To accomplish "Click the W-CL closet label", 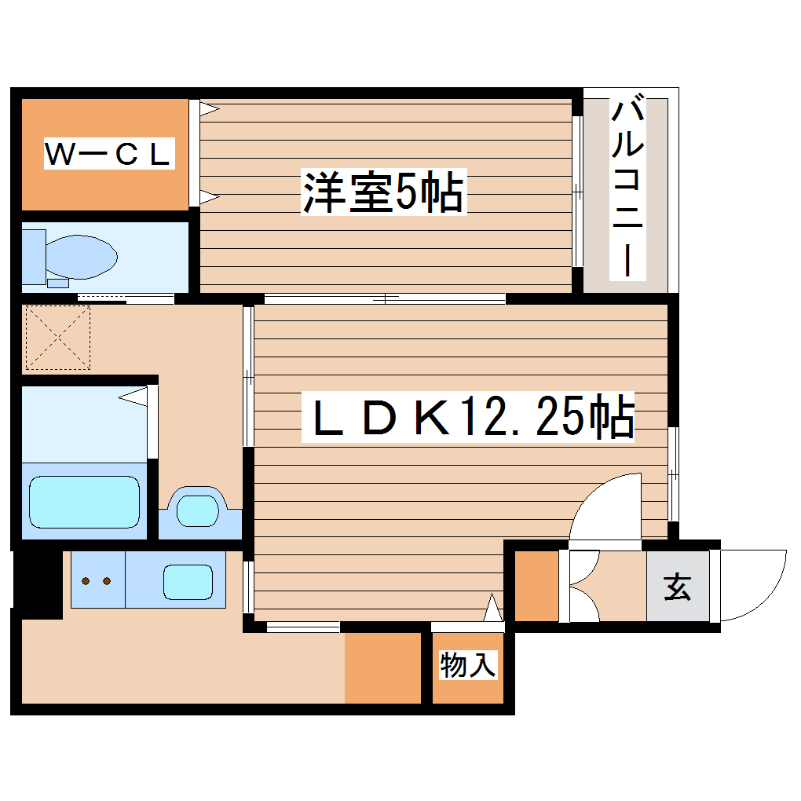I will pos(108,155).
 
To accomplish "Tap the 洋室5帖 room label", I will pos(383,192).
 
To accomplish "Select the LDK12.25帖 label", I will pos(468,419).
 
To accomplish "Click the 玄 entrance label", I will pos(677,587).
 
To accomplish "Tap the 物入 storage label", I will pos(468,665).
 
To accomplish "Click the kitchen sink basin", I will pos(188,581).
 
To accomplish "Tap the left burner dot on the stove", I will pos(86,582).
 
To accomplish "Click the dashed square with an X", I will pos(57,338).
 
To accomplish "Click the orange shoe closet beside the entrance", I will pos(536,587).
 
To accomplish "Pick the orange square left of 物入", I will pos(383,667).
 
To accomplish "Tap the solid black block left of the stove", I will pos(38,581).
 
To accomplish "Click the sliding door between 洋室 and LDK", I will pos(385,298).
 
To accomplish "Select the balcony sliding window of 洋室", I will pos(577,192).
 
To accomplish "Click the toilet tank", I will pos(33,255).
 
